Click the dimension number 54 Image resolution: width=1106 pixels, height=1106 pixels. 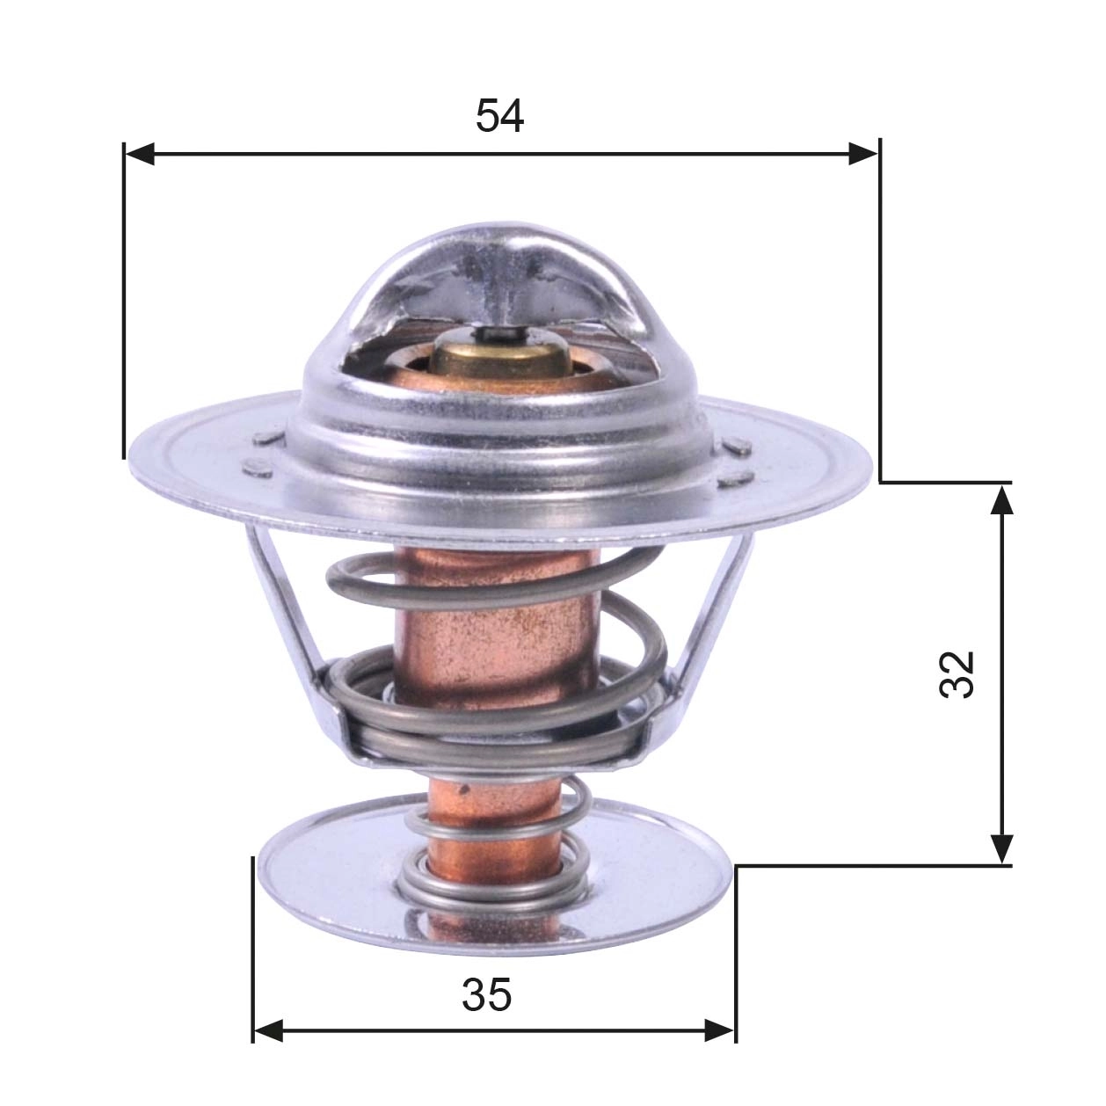499,116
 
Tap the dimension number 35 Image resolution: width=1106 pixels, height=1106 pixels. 486,995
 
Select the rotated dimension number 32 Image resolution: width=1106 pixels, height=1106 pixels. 957,674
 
